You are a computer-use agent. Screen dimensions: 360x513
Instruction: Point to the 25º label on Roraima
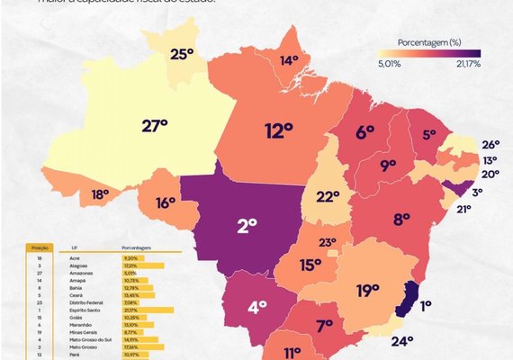coord(182,54)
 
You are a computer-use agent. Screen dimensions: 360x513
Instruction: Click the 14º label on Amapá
coord(289,60)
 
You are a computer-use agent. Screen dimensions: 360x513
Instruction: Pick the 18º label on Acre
coord(99,193)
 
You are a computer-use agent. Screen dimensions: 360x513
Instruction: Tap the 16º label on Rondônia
coord(165,202)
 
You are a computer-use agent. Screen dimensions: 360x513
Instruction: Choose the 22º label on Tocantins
coord(328,196)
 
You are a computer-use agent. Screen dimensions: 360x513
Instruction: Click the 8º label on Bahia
coord(401,218)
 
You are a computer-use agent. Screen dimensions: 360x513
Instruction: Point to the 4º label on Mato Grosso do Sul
coord(256,307)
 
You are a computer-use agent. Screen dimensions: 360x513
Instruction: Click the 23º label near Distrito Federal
coord(328,241)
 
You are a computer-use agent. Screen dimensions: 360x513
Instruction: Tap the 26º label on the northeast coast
coord(490,144)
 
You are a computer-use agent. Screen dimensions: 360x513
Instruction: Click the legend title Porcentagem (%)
coord(430,41)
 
